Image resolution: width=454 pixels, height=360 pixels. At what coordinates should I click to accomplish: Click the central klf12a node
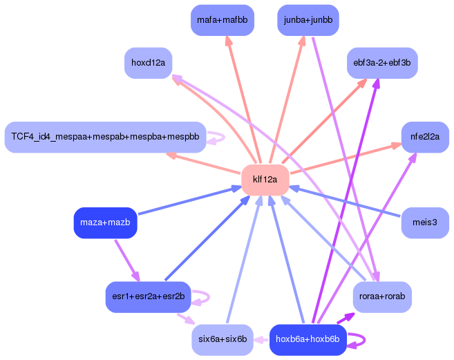265,180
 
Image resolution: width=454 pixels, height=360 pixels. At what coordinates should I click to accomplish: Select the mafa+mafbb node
222,20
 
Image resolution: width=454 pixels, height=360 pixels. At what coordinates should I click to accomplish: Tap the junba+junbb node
308,20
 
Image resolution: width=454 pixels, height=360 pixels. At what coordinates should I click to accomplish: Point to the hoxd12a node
148,63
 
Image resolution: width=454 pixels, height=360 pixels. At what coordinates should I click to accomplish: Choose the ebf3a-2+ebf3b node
381,63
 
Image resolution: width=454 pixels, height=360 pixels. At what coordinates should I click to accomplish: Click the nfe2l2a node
424,137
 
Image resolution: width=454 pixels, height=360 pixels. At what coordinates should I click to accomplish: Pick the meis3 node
424,222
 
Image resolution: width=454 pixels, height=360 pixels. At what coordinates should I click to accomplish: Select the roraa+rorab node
382,296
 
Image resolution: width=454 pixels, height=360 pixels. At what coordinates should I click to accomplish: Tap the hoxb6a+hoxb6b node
308,339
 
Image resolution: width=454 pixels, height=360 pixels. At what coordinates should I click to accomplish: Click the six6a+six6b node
222,339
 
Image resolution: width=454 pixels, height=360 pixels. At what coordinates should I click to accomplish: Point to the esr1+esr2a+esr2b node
148,296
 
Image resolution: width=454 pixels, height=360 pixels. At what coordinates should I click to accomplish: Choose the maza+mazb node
105,222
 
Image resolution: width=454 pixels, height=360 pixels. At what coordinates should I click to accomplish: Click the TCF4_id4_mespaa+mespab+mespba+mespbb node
105,137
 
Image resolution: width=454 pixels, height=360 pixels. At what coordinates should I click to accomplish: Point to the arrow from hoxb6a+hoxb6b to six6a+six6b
262,339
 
